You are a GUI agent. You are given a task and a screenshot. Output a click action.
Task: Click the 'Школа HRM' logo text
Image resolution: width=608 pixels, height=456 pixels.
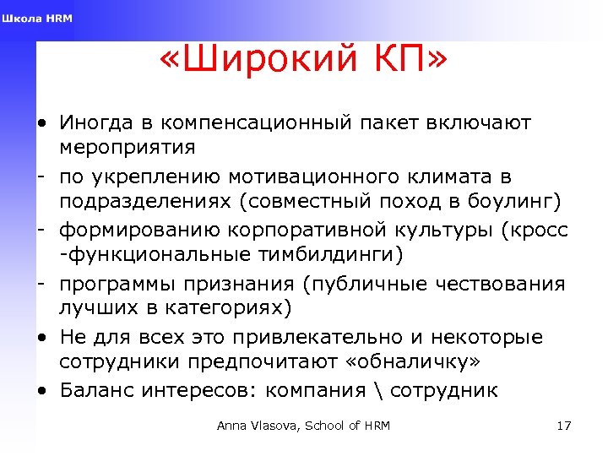[37, 19]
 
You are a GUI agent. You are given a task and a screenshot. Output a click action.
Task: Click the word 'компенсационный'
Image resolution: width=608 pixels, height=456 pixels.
[253, 123]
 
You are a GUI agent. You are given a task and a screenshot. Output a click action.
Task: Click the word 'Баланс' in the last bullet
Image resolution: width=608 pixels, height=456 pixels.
[95, 390]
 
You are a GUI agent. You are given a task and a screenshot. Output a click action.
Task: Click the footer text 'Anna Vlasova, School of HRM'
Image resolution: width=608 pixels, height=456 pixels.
[303, 426]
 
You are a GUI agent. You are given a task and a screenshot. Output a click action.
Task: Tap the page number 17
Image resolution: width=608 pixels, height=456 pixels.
[564, 426]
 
